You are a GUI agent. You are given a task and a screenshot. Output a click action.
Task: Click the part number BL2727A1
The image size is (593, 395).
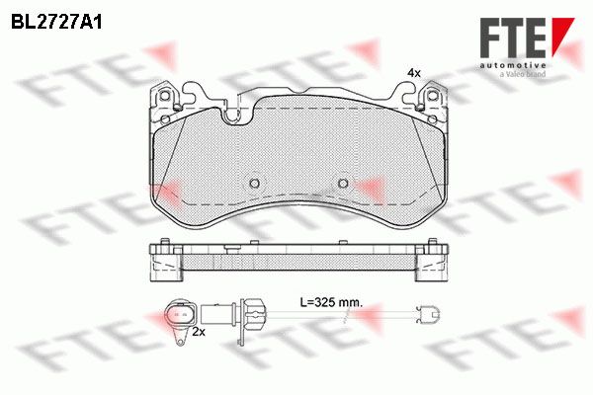point(56,23)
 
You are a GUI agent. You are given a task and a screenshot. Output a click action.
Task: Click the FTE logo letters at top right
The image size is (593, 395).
point(513,39)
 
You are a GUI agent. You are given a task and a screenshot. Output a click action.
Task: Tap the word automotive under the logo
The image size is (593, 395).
point(513,66)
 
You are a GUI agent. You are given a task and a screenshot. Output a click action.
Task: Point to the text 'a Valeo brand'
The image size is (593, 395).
point(523,74)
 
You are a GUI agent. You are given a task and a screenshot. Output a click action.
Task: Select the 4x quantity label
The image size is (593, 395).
point(414,73)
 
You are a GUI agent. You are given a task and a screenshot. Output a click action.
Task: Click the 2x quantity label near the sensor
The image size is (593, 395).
point(199,332)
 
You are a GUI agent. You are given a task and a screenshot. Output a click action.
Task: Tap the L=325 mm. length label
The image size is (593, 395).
point(331,302)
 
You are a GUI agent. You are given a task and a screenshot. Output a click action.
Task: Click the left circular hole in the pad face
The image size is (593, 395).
point(255,184)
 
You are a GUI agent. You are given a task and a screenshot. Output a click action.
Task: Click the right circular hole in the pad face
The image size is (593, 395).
point(343,184)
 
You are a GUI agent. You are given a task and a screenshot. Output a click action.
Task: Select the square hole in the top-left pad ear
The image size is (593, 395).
point(164,96)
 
